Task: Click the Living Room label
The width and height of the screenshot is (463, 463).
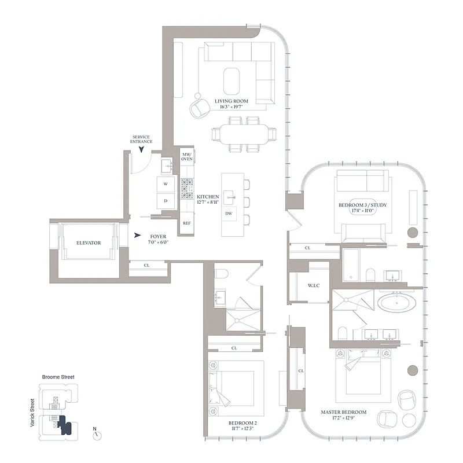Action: (231, 101)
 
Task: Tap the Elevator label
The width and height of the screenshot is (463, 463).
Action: (89, 243)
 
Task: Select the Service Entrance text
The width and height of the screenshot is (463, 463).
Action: (142, 139)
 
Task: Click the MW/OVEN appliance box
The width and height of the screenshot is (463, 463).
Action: (187, 156)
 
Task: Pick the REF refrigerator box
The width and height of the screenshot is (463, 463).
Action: (186, 223)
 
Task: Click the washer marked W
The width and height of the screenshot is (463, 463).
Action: (166, 184)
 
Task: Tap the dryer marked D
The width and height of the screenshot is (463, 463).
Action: (166, 201)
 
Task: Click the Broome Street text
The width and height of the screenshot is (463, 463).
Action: (58, 377)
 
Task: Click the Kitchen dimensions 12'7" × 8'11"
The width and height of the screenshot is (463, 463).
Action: (207, 203)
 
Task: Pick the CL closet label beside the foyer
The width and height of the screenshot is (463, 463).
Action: (147, 266)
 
